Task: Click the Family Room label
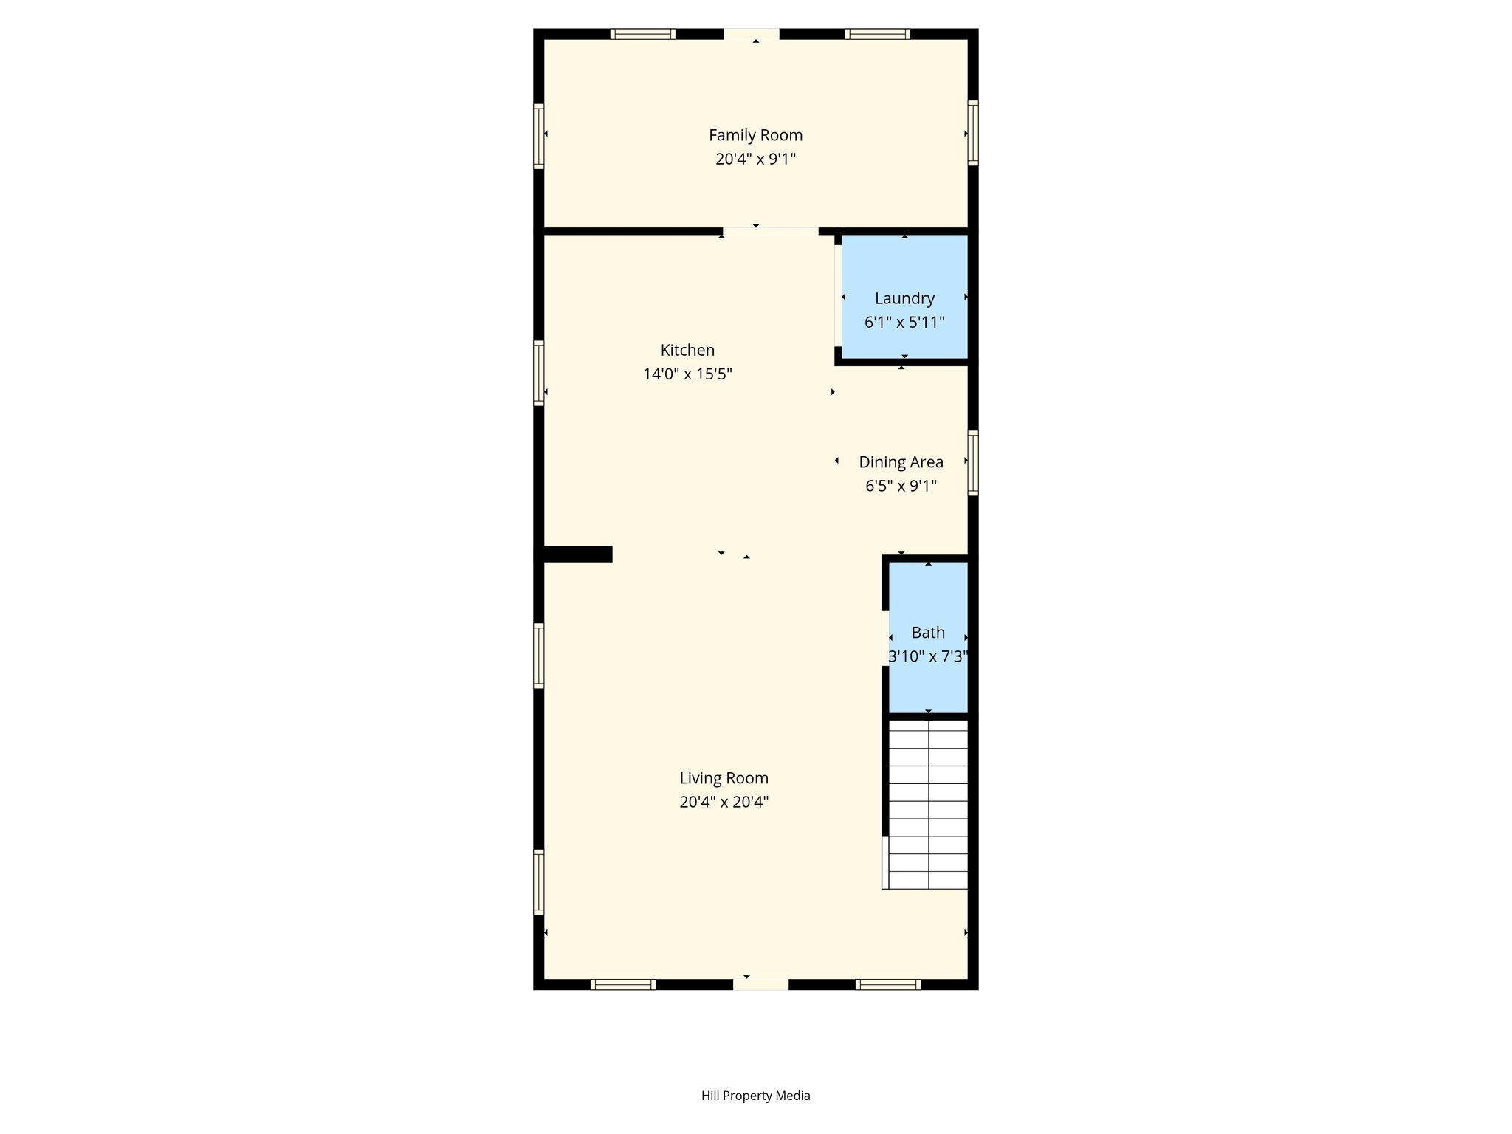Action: pyautogui.click(x=755, y=135)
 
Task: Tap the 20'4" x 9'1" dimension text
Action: pyautogui.click(x=755, y=159)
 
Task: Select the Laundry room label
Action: pyautogui.click(x=904, y=298)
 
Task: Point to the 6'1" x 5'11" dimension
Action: pyautogui.click(x=904, y=322)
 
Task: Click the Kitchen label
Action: pyautogui.click(x=687, y=350)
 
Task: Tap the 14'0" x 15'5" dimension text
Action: pyautogui.click(x=687, y=374)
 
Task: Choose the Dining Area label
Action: pyautogui.click(x=901, y=462)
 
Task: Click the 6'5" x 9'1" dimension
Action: pyautogui.click(x=901, y=486)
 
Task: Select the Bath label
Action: pyautogui.click(x=928, y=633)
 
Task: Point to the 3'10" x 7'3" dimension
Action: pyautogui.click(x=928, y=656)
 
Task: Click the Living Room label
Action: pyautogui.click(x=724, y=778)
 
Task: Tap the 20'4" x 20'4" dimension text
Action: pyautogui.click(x=724, y=802)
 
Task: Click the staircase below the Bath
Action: pyautogui.click(x=927, y=805)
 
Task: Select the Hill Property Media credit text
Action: pyautogui.click(x=755, y=1096)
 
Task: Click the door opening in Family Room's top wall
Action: pyautogui.click(x=751, y=34)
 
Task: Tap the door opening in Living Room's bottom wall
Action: pyautogui.click(x=760, y=984)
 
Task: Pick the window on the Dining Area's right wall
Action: pyautogui.click(x=973, y=463)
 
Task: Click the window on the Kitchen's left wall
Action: pyautogui.click(x=539, y=373)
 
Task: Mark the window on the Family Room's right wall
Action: pyautogui.click(x=973, y=133)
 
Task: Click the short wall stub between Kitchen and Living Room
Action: pyautogui.click(x=577, y=554)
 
